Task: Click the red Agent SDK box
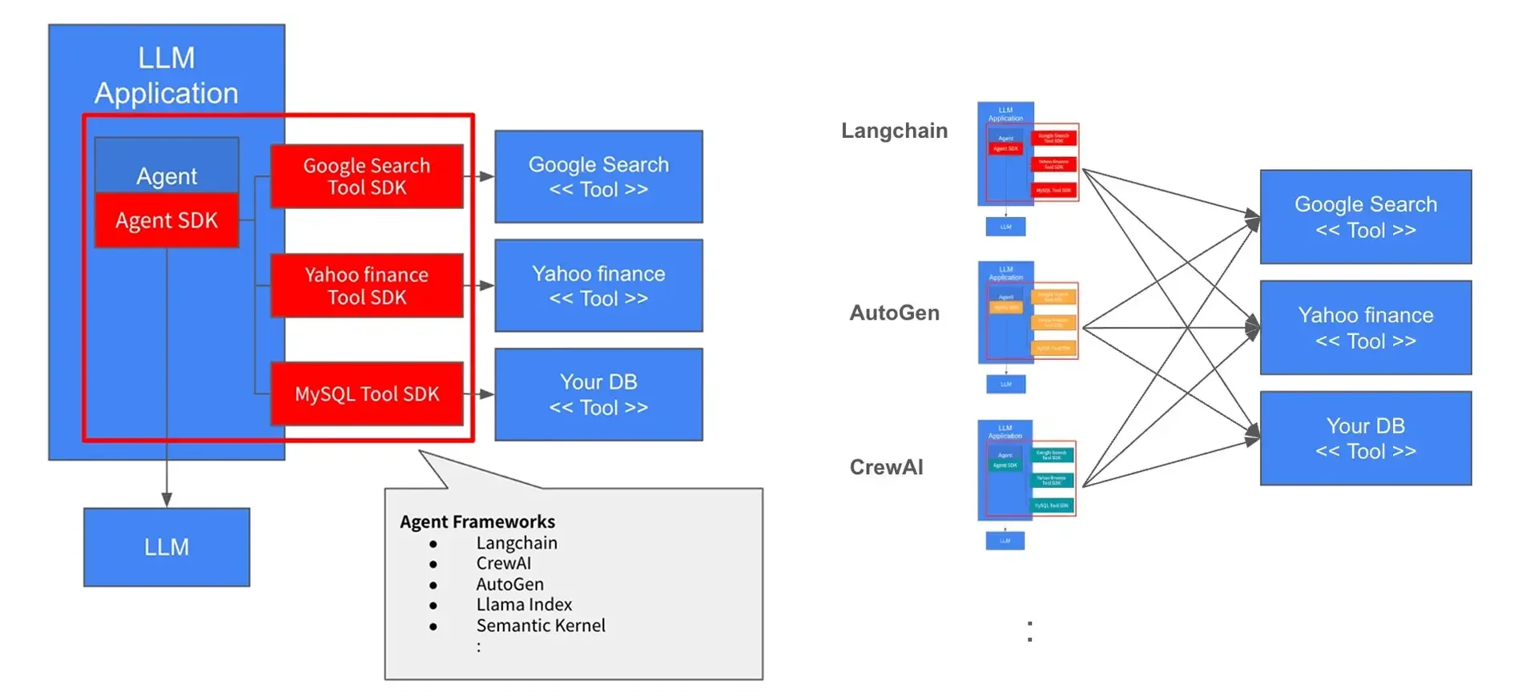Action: click(167, 220)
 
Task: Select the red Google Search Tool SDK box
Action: click(367, 176)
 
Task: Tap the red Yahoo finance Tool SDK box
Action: click(367, 286)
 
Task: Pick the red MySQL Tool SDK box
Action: click(367, 394)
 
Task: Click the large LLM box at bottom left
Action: click(167, 547)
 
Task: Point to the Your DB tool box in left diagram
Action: click(598, 394)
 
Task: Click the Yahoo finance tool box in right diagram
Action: click(1366, 328)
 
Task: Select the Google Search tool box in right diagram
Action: click(1366, 217)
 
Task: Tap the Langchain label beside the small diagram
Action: click(894, 131)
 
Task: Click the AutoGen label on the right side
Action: click(894, 312)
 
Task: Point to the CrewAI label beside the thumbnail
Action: click(886, 467)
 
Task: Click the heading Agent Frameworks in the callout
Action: click(477, 522)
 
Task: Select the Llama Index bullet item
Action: click(524, 604)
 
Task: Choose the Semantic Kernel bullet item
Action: click(541, 625)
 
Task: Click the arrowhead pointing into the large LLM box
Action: click(167, 500)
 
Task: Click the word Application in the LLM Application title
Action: click(167, 94)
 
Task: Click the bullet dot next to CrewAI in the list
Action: click(433, 564)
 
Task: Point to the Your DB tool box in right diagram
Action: click(1366, 438)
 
